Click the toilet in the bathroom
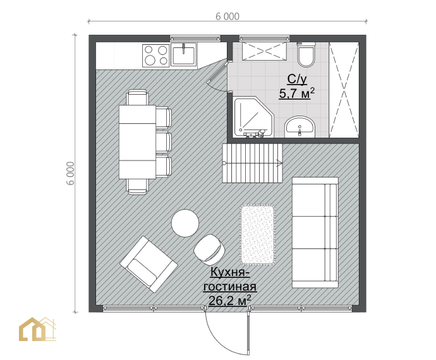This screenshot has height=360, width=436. pyautogui.click(x=306, y=55)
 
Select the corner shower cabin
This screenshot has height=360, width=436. pyautogui.click(x=253, y=117)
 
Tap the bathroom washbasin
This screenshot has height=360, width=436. pyautogui.click(x=300, y=127)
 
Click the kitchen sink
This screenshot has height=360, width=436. pyautogui.click(x=183, y=55)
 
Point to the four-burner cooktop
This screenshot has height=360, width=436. pyautogui.click(x=156, y=56)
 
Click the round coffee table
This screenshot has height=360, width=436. pyautogui.click(x=185, y=223)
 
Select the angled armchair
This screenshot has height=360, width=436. pyautogui.click(x=148, y=264)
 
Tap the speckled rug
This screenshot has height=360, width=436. pyautogui.click(x=258, y=234)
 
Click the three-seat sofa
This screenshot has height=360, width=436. pyautogui.click(x=315, y=232)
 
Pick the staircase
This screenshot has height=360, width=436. pyautogui.click(x=252, y=163)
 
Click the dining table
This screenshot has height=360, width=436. pyautogui.click(x=137, y=141)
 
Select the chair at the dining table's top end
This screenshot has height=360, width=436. pyautogui.click(x=137, y=97)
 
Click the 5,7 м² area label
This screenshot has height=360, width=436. pyautogui.click(x=297, y=93)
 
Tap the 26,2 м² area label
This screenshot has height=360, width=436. pyautogui.click(x=229, y=300)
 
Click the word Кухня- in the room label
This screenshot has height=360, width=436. pyautogui.click(x=229, y=272)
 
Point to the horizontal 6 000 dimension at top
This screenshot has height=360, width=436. pyautogui.click(x=227, y=16)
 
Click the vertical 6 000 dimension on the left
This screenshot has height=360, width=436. pyautogui.click(x=71, y=173)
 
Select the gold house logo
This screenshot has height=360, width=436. pyautogui.click(x=37, y=329)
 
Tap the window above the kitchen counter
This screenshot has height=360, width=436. pyautogui.click(x=195, y=38)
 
